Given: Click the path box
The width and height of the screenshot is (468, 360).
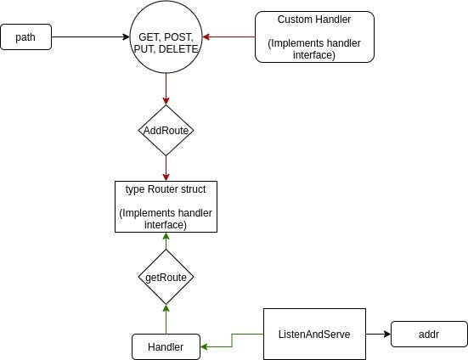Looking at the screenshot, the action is click(26, 37).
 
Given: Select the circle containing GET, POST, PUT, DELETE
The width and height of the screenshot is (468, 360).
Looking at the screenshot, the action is click(166, 37).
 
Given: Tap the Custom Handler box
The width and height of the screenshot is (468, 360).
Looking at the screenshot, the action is click(314, 37).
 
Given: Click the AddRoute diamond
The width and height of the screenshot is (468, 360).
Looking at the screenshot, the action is click(166, 131).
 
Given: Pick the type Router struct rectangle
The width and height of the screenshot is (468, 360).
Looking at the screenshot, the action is click(166, 206).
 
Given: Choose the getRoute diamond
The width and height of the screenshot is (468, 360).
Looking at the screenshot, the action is click(166, 277).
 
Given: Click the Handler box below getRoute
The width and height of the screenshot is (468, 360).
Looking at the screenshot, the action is click(166, 347).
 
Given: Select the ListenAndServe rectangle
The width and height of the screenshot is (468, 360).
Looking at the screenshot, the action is click(314, 334).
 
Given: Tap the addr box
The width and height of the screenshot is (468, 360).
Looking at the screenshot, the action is click(429, 334).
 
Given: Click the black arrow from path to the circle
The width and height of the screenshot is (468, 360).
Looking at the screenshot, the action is click(91, 37).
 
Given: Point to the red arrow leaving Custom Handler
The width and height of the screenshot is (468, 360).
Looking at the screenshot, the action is click(229, 37).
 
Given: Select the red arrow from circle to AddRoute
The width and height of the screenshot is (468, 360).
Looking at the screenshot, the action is click(166, 89).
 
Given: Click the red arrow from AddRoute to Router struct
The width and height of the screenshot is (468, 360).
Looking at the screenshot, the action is click(166, 168).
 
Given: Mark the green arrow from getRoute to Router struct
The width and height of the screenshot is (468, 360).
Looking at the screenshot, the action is click(166, 241).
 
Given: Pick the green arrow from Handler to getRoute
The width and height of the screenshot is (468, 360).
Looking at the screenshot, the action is click(166, 319).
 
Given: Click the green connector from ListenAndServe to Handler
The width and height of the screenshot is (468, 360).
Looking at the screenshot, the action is click(232, 340).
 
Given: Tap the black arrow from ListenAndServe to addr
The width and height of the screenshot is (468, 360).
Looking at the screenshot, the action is click(379, 334).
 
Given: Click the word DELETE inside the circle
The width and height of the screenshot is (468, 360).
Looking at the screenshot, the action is click(178, 49).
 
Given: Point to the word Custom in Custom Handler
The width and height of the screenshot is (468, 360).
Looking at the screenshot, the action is click(296, 20).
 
